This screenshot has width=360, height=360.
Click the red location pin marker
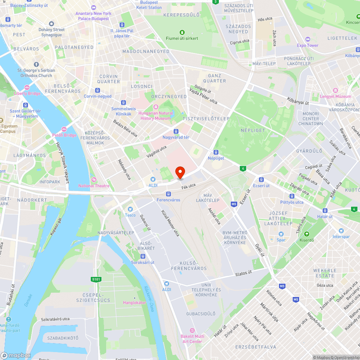pyautogui.click(x=180, y=172)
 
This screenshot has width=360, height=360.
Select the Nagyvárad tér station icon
pyautogui.click(x=176, y=131)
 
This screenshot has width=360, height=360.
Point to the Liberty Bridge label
pyautogui.click(x=27, y=93)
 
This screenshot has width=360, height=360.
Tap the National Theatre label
pyautogui.click(x=94, y=185)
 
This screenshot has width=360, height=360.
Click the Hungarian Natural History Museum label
pyautogui.click(x=156, y=116)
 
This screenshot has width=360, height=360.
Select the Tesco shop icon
pyautogui.click(x=130, y=209)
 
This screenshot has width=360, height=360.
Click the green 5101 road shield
pyautogui.click(x=96, y=279)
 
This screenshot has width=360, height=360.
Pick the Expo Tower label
pyautogui.click(x=307, y=45)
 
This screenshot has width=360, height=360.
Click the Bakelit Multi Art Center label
pyautogui.click(x=192, y=338)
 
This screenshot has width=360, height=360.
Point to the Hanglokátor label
pyautogui.click(x=135, y=302)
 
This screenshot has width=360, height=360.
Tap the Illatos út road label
pyautogui.click(x=244, y=273)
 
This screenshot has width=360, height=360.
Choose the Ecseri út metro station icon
pyautogui.click(x=261, y=180)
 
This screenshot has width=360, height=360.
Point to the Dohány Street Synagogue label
pyautogui.click(x=51, y=32)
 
